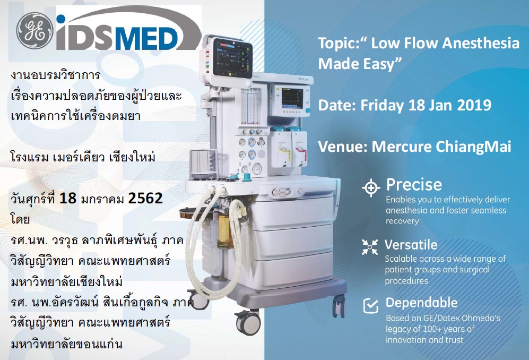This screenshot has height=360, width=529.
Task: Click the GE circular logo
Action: pyautogui.click(x=34, y=31)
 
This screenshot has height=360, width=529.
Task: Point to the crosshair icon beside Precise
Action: pyautogui.click(x=371, y=188)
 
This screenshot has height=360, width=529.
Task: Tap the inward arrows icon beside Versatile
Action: pyautogui.click(x=370, y=247)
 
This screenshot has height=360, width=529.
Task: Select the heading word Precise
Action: pyautogui.click(x=414, y=185)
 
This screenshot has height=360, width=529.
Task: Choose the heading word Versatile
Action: pyautogui.click(x=411, y=244)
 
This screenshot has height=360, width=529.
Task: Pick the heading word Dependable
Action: pyautogui.click(x=421, y=303)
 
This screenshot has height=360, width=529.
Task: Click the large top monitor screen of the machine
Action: pyautogui.click(x=232, y=59)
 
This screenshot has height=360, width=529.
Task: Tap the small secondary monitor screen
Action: pyautogui.click(x=292, y=98)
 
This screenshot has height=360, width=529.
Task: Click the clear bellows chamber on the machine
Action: pyautogui.click(x=203, y=164)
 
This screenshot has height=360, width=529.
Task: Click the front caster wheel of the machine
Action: pyautogui.click(x=248, y=322)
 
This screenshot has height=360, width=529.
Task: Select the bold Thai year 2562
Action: pyautogui.click(x=145, y=198)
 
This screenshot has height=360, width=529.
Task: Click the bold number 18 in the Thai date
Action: pyautogui.click(x=68, y=198)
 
